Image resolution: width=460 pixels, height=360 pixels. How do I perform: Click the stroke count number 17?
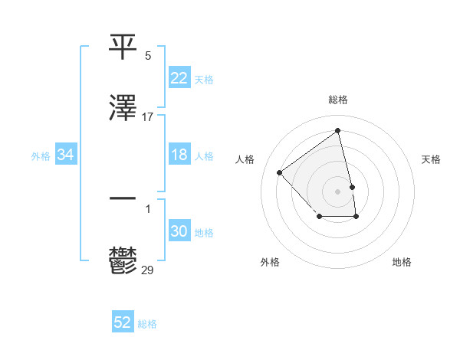[148, 117]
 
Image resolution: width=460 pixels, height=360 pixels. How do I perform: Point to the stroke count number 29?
[148, 270]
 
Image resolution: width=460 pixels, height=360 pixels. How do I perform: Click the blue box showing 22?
[179, 78]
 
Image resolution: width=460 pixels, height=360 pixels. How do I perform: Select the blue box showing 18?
[179, 155]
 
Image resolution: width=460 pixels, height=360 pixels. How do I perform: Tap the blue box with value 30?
[179, 231]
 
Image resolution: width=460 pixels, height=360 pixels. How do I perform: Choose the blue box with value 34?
[66, 155]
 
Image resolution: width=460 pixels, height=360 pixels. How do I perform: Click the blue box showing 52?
[123, 322]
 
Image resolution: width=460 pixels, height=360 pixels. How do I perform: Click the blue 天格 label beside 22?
[204, 79]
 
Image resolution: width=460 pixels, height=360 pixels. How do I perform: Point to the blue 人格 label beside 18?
[204, 155]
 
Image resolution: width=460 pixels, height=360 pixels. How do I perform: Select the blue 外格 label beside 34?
[41, 155]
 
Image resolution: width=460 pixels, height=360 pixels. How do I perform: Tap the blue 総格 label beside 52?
[147, 323]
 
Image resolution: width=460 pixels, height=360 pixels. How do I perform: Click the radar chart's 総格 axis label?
[338, 100]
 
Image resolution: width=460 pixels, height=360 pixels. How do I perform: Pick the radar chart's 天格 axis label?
[431, 159]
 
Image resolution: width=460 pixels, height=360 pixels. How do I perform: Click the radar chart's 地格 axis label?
[402, 262]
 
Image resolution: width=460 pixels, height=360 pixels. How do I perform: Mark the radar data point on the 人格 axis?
[280, 172]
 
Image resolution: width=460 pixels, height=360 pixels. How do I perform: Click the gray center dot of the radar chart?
[338, 190]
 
